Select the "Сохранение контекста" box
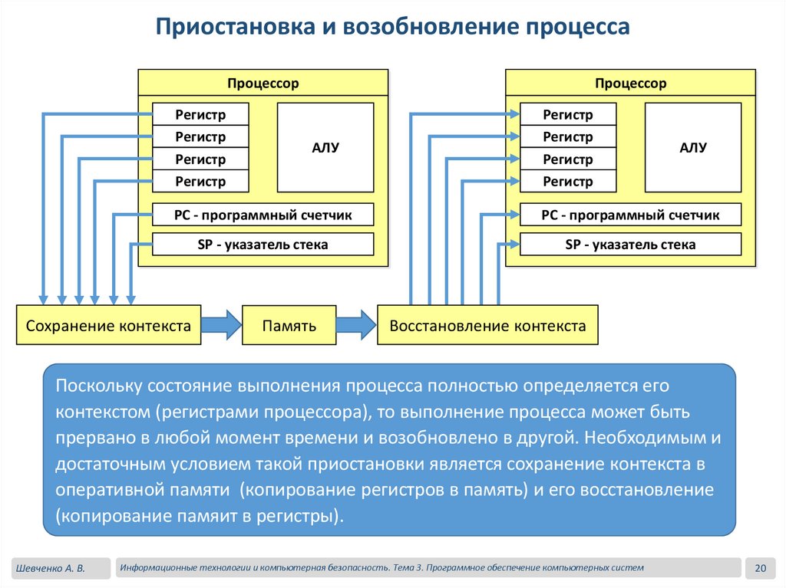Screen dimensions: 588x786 (108, 326)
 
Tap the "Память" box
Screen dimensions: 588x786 (289, 326)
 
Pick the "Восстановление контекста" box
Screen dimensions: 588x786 (487, 326)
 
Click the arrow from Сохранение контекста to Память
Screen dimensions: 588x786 (222, 324)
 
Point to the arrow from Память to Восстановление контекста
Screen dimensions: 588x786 (357, 324)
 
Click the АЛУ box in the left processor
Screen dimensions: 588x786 (325, 147)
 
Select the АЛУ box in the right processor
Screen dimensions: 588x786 (693, 147)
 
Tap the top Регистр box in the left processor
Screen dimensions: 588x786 (201, 115)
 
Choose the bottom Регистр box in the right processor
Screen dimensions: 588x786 (568, 182)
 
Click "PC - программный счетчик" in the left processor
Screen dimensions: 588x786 (263, 215)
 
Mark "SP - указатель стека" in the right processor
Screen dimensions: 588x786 (631, 245)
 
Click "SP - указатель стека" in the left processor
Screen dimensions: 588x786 (263, 245)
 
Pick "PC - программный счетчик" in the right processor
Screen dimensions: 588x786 (631, 215)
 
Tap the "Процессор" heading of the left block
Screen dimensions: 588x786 (263, 83)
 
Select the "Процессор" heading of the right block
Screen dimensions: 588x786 (631, 83)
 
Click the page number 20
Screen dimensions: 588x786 (761, 568)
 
